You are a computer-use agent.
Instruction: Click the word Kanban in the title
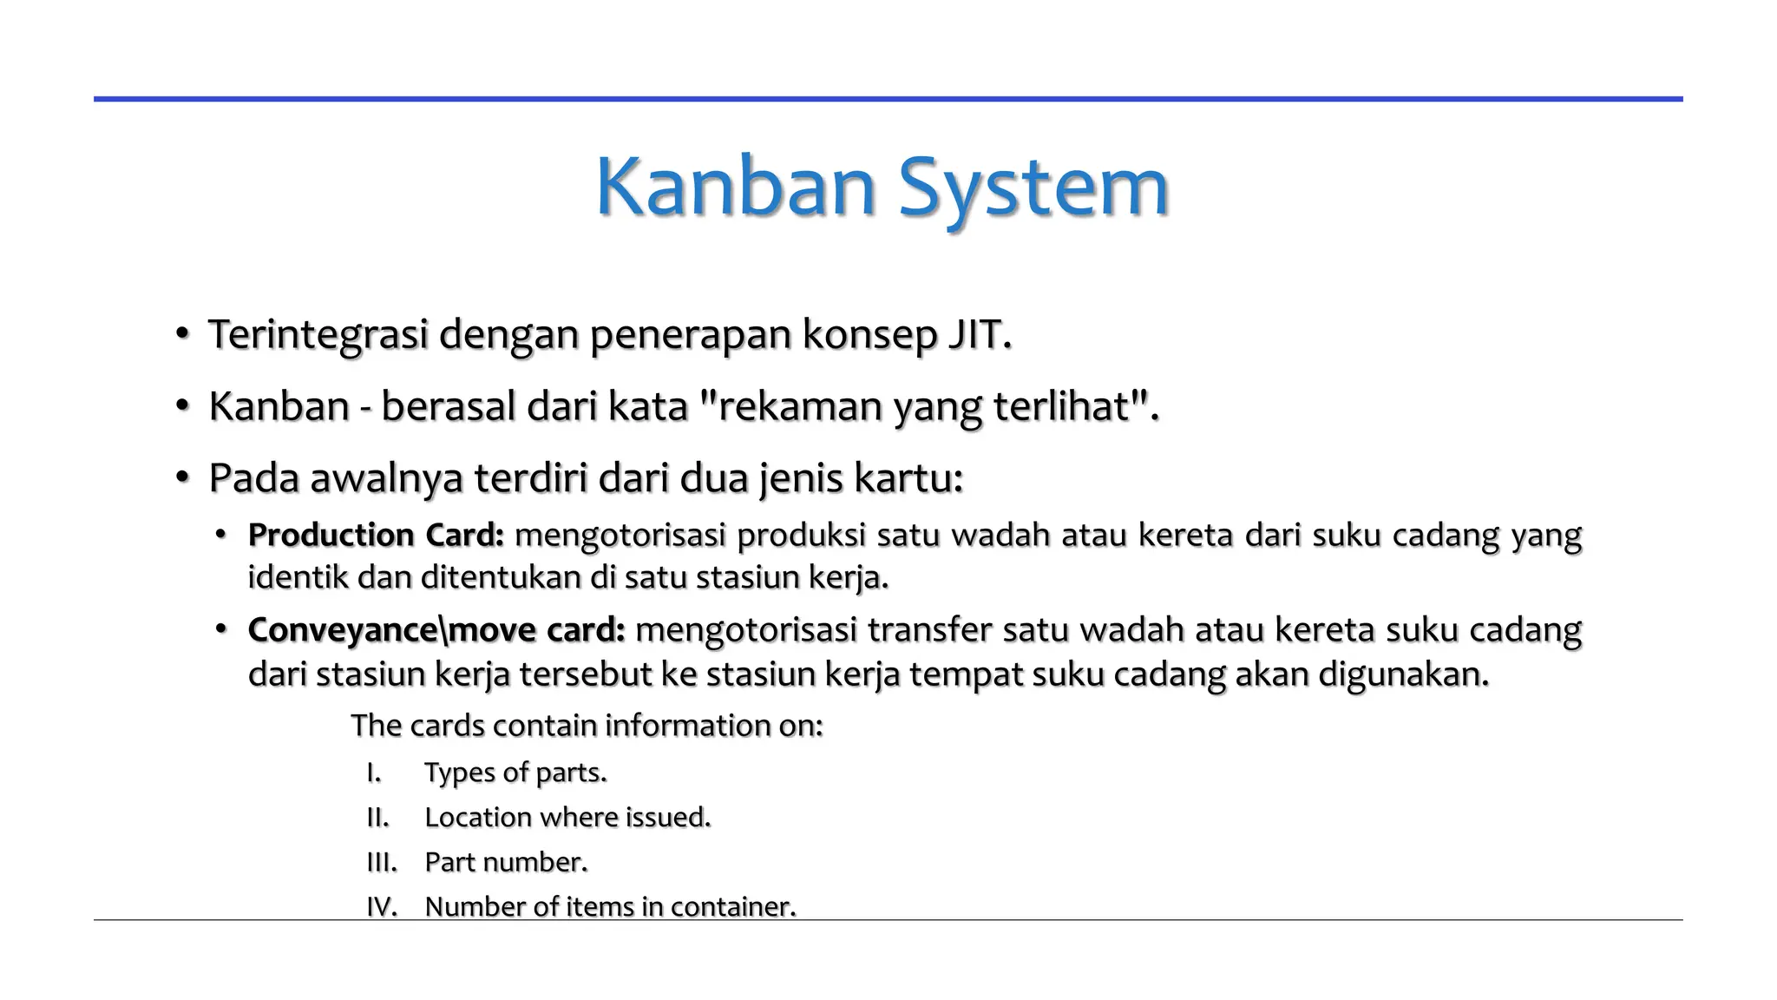coord(735,187)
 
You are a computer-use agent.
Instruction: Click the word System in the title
coord(1033,187)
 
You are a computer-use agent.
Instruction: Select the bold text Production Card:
coord(376,536)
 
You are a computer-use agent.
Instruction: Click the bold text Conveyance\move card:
coord(436,630)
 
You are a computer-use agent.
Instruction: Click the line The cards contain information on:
coord(587,726)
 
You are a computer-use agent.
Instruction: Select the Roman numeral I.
coord(374,773)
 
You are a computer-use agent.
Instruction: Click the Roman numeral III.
coord(381,863)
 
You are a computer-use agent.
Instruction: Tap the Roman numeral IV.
coord(382,907)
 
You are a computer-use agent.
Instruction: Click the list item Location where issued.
coord(567,818)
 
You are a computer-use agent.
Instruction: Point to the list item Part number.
coord(506,863)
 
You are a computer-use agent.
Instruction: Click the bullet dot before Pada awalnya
coord(181,478)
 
